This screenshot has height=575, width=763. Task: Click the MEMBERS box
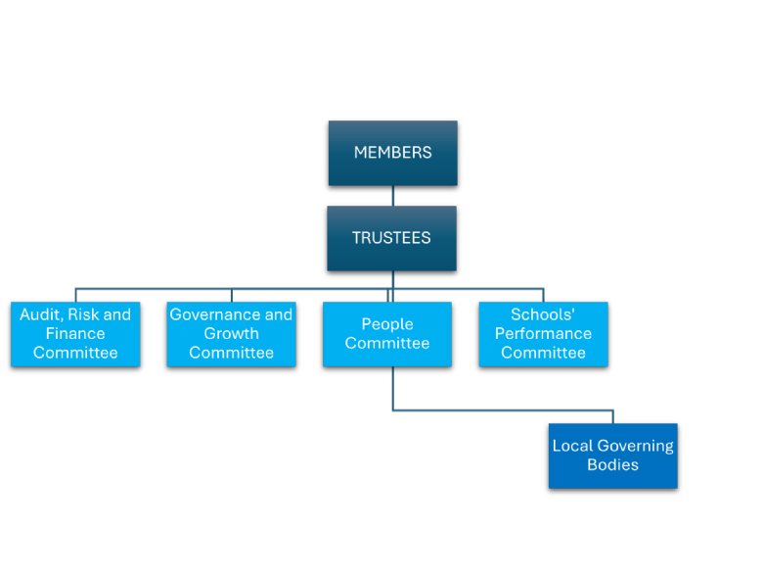click(392, 153)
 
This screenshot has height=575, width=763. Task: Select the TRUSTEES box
click(391, 238)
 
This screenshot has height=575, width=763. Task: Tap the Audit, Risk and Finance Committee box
click(75, 334)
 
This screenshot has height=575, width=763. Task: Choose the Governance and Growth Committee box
click(231, 334)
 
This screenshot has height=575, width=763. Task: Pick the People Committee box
click(387, 334)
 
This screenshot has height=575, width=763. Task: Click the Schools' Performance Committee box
click(543, 334)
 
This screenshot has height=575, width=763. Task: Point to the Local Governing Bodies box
click(612, 455)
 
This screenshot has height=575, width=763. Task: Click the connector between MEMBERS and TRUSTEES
click(393, 196)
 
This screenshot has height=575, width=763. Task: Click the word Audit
click(40, 315)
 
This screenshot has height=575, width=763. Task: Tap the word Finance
click(75, 334)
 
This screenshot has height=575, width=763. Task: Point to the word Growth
click(231, 334)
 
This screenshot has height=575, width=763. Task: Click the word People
click(387, 324)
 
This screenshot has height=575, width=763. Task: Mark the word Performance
click(543, 334)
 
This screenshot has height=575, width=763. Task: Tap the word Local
click(572, 446)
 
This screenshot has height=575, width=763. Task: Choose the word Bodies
click(612, 465)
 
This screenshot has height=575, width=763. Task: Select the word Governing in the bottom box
click(636, 446)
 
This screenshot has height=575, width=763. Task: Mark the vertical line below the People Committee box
click(393, 388)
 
